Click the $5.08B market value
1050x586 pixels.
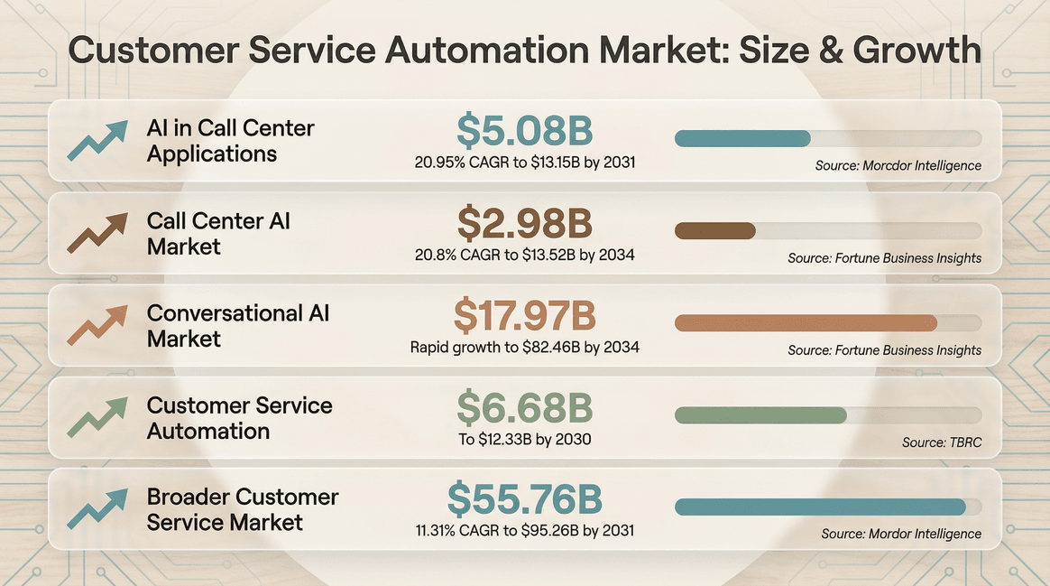click(524, 130)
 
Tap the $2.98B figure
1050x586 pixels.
click(524, 222)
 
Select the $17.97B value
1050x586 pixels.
click(524, 315)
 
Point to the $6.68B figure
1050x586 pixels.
click(524, 407)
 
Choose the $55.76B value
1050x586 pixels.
click(524, 499)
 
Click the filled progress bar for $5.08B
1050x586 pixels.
click(742, 138)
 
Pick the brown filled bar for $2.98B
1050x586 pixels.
click(714, 230)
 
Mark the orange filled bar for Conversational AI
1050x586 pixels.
click(806, 323)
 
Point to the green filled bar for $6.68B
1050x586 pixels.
click(760, 415)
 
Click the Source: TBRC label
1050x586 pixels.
click(941, 442)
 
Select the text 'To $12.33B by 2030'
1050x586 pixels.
click(524, 439)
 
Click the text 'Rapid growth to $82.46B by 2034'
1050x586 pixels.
click(524, 347)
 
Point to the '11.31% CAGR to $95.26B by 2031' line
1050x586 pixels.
click(524, 530)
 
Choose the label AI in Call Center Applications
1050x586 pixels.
click(230, 140)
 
